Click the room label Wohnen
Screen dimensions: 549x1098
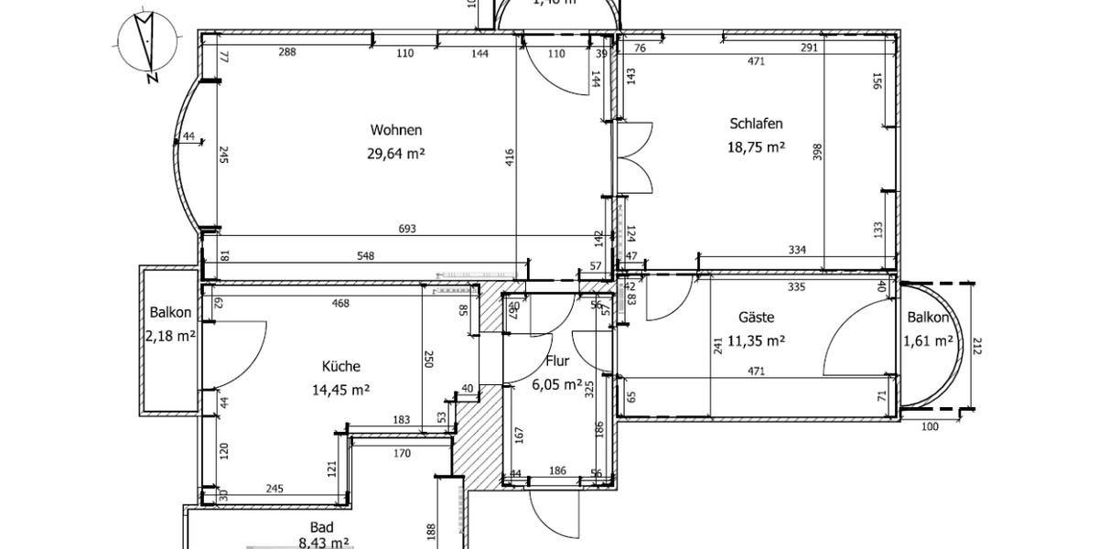[x=396, y=129]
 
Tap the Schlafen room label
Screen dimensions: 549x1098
[x=756, y=124]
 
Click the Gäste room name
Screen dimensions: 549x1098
[x=757, y=318]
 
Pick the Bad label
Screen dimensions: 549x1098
[x=321, y=527]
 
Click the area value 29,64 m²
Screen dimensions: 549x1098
[x=395, y=153]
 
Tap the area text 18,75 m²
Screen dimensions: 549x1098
[x=757, y=146]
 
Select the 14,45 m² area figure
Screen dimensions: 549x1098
[x=340, y=389]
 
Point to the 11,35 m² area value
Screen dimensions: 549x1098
[x=758, y=341]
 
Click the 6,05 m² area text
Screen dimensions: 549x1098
[x=556, y=384]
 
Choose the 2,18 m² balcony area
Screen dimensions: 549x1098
[x=169, y=336]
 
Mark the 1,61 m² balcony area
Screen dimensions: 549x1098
[x=930, y=340]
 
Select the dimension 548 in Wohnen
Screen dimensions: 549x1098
[x=366, y=256]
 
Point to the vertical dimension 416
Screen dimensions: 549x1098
[x=509, y=157]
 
